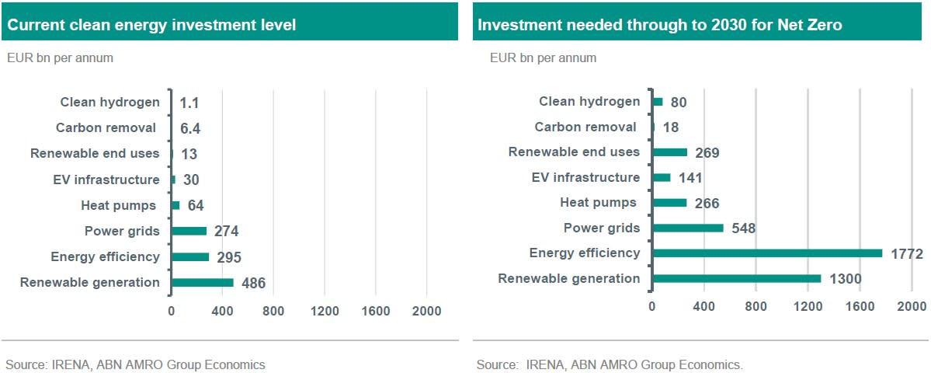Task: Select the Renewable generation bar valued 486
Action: click(x=203, y=283)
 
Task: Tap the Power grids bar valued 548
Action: click(x=688, y=228)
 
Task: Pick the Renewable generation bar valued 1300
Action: click(x=737, y=278)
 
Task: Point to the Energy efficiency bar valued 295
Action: click(x=190, y=257)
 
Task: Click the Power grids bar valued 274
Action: click(x=189, y=231)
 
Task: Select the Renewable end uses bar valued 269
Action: click(x=670, y=152)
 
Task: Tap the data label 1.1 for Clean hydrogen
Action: click(x=189, y=103)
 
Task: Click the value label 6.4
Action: click(x=190, y=128)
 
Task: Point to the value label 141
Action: click(x=691, y=178)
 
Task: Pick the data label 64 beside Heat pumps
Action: click(x=196, y=205)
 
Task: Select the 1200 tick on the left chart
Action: click(x=325, y=312)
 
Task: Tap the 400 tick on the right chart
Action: click(x=704, y=306)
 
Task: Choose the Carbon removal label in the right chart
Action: click(x=585, y=127)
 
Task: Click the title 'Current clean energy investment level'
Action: click(x=152, y=26)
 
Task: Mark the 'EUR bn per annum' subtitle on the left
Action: click(x=59, y=58)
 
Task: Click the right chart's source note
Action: click(x=610, y=364)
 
